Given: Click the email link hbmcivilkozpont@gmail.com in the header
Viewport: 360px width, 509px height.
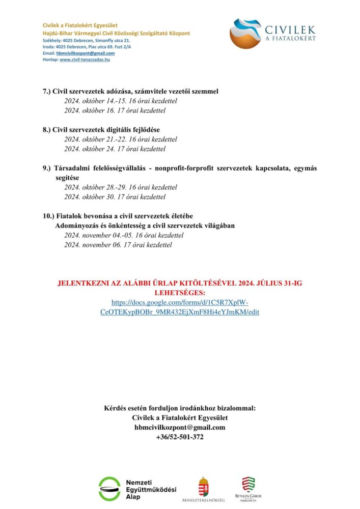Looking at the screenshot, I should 86,53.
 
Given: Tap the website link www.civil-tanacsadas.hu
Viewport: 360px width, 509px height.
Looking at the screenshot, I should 85,60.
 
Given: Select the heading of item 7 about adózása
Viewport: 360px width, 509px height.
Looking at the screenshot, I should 130,92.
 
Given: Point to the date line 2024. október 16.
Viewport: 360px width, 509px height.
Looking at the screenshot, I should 115,110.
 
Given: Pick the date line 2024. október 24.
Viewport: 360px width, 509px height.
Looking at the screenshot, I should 115,149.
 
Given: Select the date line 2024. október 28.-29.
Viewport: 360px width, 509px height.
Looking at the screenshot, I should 121,187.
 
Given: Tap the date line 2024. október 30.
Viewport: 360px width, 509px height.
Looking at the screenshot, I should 115,197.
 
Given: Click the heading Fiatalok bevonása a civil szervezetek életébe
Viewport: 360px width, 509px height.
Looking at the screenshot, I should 118,216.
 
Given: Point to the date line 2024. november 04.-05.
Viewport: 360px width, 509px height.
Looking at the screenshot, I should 124,235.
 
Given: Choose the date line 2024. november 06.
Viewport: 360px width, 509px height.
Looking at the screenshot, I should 118,245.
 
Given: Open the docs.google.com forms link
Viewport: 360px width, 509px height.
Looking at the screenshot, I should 180,307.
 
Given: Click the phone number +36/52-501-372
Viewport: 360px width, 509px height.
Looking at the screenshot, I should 180,437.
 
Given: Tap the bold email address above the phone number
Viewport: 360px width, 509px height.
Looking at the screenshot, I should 180,428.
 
